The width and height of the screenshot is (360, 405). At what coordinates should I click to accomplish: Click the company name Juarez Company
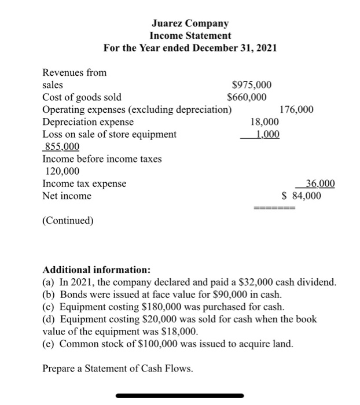point(190,24)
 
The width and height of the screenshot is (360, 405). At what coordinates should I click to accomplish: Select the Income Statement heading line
point(190,35)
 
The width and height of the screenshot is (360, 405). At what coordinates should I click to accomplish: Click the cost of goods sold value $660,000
point(247,97)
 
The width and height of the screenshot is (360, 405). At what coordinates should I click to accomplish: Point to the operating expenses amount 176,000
point(296,109)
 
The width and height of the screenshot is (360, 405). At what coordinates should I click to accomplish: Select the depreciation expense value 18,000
point(264,122)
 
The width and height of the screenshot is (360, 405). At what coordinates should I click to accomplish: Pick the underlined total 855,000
point(62,147)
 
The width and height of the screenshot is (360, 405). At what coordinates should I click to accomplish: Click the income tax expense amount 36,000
point(319,184)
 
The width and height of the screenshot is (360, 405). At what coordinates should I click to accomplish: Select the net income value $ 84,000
point(301,196)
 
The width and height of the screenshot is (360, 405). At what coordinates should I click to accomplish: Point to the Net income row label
point(67,196)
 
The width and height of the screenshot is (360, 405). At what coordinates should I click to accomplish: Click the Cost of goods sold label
point(82,97)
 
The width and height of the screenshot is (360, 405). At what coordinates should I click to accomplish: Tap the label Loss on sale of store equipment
point(110,134)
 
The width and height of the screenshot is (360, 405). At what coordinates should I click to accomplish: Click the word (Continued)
point(68,220)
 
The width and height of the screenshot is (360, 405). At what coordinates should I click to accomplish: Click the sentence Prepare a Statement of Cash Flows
point(117,369)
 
